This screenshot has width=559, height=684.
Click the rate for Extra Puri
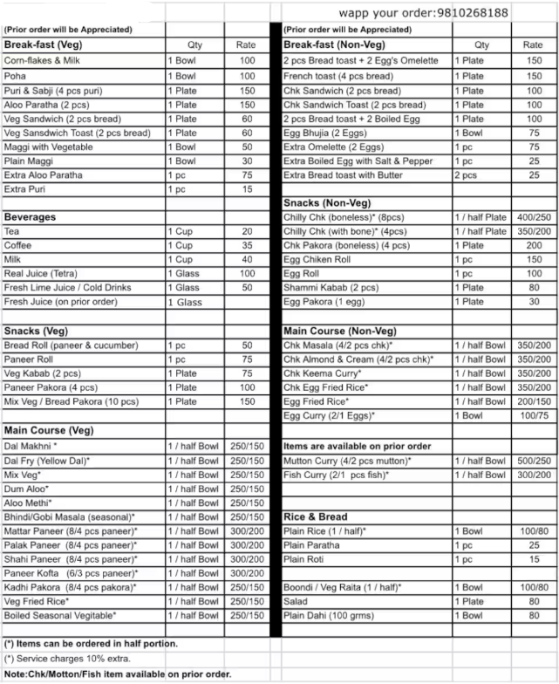coord(248,189)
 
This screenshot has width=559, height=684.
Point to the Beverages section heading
coord(30,216)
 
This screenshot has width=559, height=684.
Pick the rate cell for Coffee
coord(248,245)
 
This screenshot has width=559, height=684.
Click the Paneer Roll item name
coord(29,359)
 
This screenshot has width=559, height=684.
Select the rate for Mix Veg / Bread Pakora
coord(248,401)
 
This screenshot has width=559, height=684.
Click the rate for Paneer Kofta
coord(248,573)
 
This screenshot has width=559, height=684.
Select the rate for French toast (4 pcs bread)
coord(533,76)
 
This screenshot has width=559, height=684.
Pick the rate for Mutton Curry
coord(533,461)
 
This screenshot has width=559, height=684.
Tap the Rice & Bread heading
coord(316,516)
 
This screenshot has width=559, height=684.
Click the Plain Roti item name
coord(304,559)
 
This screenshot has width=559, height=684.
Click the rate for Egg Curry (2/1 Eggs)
coord(533,415)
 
